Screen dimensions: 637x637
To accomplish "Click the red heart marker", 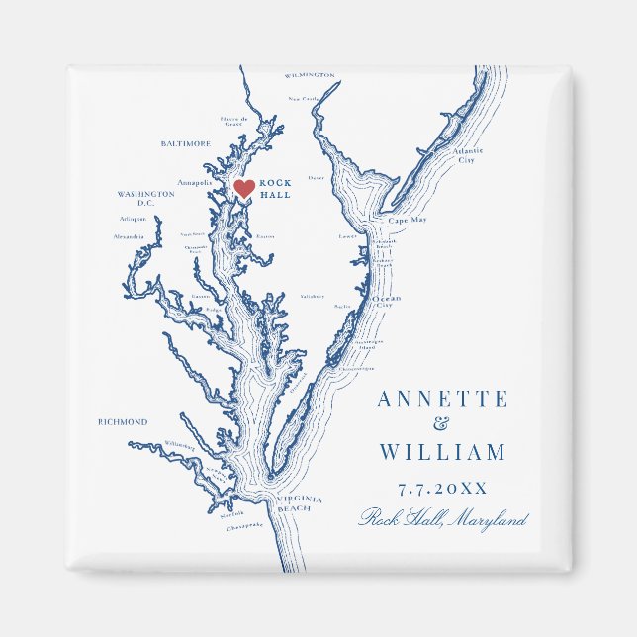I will click(243, 188).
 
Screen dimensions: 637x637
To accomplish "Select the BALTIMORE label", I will click(185, 143).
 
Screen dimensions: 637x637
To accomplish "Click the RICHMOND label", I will click(123, 422).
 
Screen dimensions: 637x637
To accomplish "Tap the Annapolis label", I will click(195, 182).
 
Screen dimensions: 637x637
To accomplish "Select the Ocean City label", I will click(386, 302).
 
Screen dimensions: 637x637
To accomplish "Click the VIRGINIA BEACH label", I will click(294, 503).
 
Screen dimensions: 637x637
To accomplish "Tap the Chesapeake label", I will click(244, 526).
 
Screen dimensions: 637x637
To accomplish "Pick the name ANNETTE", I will click(442, 400).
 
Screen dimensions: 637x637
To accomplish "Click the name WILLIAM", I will click(442, 453).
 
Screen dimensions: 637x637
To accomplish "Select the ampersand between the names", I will click(441, 426).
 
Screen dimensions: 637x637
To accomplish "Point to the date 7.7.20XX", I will click(441, 488).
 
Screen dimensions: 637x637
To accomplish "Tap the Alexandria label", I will click(129, 237).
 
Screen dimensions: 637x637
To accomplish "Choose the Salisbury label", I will click(312, 296).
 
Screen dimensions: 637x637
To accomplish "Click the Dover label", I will click(317, 178).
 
